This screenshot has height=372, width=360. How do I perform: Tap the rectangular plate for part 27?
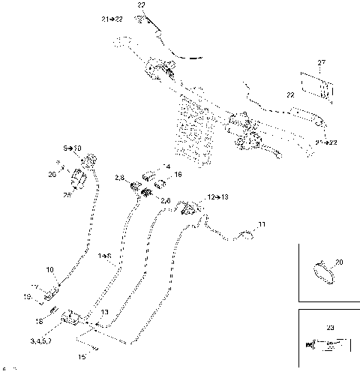coord(316,85)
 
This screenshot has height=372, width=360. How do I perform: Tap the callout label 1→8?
coord(104,256)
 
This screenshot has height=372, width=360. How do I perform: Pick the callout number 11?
coord(262,224)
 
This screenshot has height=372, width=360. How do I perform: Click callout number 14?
coord(167,166)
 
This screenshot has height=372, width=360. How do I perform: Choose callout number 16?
coord(178,174)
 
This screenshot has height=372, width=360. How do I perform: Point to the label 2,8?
coord(120,177)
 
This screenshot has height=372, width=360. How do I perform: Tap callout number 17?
coord(35,286)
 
